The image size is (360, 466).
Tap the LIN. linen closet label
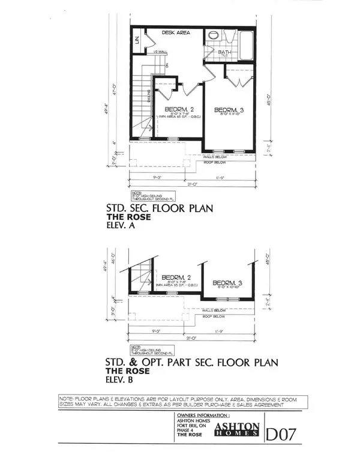(x=138, y=40)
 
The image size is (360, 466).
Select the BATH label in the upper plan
(x=224, y=53)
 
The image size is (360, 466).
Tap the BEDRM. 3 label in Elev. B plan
(x=226, y=283)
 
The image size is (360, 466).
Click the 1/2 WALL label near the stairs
(x=160, y=52)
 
